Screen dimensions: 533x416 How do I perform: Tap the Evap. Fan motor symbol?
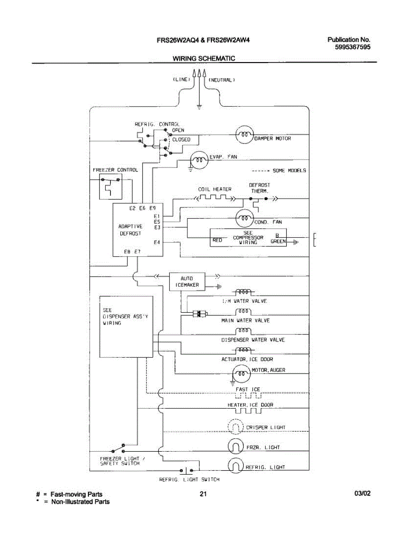pyautogui.click(x=199, y=159)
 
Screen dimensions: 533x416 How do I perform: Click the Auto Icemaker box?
pyautogui.click(x=187, y=281)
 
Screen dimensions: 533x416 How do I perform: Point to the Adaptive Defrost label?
pyautogui.click(x=131, y=230)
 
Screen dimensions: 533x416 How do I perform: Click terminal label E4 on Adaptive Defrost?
pyautogui.click(x=156, y=243)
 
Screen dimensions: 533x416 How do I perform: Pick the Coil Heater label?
pyautogui.click(x=214, y=189)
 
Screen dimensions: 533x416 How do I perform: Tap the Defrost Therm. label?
pyautogui.click(x=259, y=188)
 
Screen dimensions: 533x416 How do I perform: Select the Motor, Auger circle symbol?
pyautogui.click(x=241, y=373)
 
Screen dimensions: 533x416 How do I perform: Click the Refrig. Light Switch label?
pyautogui.click(x=189, y=480)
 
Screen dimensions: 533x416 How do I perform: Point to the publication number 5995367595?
pyautogui.click(x=349, y=47)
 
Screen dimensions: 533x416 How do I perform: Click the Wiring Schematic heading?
pyautogui.click(x=204, y=58)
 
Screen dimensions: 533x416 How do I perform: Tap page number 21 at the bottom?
pyautogui.click(x=203, y=494)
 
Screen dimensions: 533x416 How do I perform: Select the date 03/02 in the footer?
pyautogui.click(x=362, y=494)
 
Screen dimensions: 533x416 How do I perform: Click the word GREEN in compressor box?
pyautogui.click(x=278, y=242)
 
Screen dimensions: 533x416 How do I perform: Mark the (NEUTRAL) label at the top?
pyautogui.click(x=221, y=80)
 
